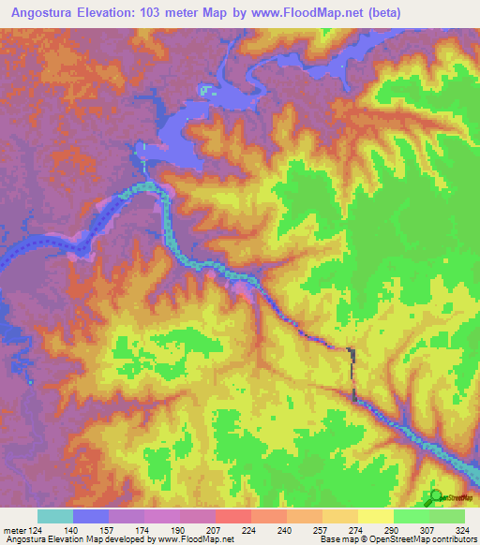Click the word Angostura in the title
(40, 12)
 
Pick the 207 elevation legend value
(215, 530)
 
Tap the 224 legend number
(250, 530)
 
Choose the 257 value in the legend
(322, 530)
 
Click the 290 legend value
(393, 530)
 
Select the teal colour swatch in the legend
(55, 516)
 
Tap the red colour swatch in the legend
(232, 516)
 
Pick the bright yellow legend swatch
(375, 516)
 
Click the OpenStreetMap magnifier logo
(434, 495)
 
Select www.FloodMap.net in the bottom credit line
(197, 540)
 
